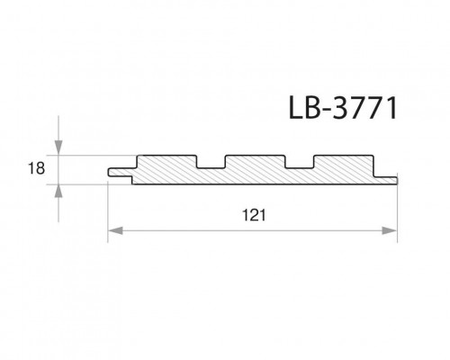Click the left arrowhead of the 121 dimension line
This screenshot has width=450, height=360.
pyautogui.click(x=114, y=232)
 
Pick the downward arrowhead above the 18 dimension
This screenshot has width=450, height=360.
pyautogui.click(x=58, y=148)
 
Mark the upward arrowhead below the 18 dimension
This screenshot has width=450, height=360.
pyautogui.click(x=58, y=190)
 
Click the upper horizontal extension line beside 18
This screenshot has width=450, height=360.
pyautogui.click(x=90, y=155)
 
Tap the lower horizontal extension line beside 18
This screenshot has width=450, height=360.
pyautogui.click(x=90, y=184)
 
